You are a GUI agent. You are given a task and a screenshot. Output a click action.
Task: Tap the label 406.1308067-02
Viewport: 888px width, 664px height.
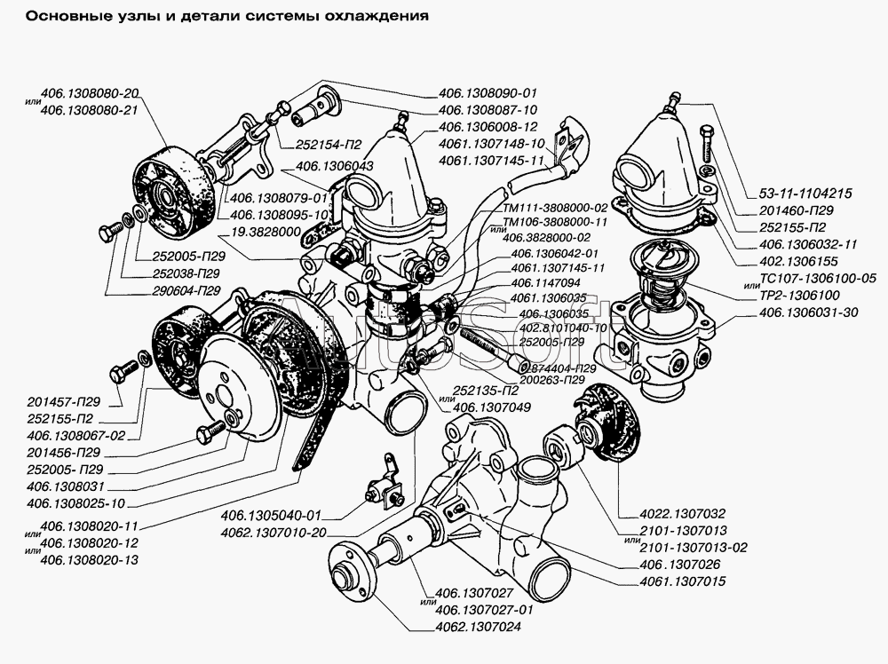76,435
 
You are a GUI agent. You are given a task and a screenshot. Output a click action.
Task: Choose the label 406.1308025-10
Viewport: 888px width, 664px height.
76,503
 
